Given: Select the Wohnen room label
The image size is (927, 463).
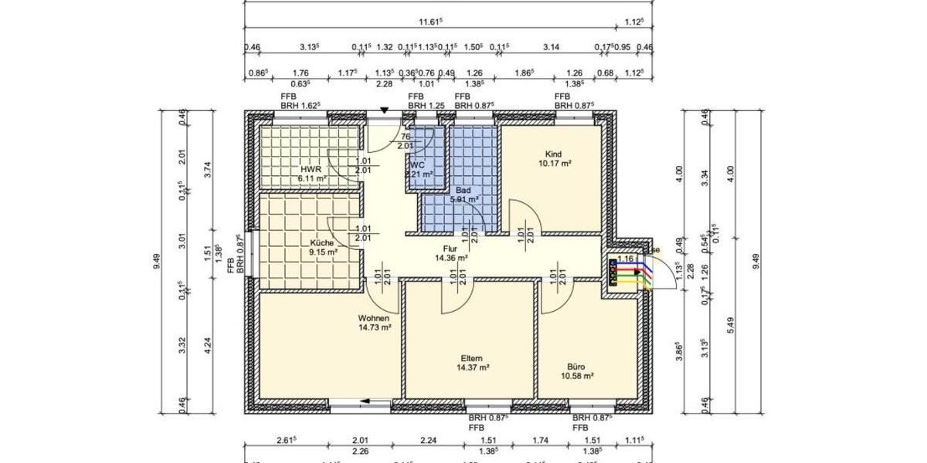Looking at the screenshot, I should coord(373,318).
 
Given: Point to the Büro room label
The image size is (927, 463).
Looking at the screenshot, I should coord(576,367).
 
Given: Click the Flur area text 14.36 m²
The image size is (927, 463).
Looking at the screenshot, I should coord(452,259).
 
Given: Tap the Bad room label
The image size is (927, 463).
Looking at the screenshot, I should coord(463,190).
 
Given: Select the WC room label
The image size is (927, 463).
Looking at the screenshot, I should coord(417,165).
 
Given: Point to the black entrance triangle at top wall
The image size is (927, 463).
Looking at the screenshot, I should coord(384,112).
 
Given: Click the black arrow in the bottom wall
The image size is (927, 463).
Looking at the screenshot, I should coord(363,401).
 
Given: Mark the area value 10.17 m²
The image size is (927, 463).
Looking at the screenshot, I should coord(555,164).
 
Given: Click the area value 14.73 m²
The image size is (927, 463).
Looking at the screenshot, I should coord(374,327).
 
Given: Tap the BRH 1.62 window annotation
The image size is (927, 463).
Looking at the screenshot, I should coord(301,105).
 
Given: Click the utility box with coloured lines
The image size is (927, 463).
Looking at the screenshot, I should coord(625,272).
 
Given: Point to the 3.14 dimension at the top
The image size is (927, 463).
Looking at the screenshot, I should coord(551,48).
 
